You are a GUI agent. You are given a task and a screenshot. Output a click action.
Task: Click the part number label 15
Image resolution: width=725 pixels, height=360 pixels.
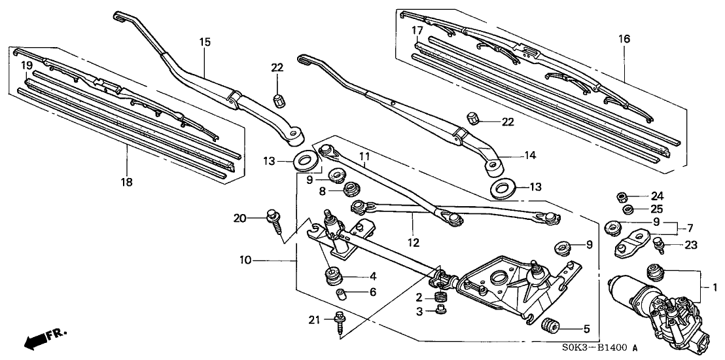205,42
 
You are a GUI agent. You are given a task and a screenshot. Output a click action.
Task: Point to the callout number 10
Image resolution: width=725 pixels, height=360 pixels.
245,261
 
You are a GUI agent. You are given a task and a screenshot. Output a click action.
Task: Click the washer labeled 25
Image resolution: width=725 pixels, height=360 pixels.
627,209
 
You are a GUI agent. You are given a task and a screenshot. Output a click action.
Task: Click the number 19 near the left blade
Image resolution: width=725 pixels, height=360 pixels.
26,65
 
